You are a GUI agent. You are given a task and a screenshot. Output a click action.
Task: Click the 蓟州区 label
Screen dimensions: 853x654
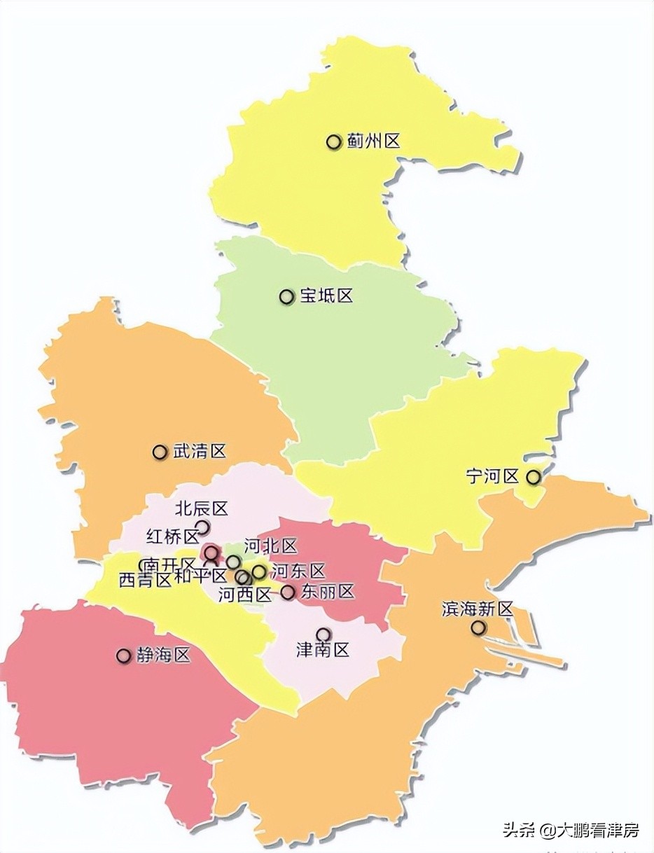tap(373, 141)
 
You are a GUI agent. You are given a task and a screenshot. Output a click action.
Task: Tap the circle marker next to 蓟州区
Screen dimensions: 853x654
tap(333, 142)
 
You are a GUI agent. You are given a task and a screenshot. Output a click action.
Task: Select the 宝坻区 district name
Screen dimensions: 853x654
tap(326, 296)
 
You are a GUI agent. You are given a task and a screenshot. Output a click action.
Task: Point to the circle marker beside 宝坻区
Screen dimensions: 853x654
tap(286, 297)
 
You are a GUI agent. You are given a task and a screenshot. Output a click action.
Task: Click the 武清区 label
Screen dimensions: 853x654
tap(200, 452)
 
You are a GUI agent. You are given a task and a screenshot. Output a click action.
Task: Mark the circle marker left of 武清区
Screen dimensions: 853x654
tap(160, 452)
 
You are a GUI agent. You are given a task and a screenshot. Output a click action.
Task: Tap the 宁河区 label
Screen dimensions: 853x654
tap(492, 477)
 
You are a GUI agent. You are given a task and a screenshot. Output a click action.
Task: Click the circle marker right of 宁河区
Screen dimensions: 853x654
tap(534, 477)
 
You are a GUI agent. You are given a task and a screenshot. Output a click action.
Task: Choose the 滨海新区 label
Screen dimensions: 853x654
tap(478, 609)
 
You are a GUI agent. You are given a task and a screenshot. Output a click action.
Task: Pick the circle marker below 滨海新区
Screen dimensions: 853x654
tap(478, 627)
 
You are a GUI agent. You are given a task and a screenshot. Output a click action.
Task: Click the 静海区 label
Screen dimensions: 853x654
tap(163, 656)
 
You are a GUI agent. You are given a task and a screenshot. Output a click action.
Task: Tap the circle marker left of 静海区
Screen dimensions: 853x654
tap(124, 656)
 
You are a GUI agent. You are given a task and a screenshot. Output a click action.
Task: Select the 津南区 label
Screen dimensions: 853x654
tap(323, 651)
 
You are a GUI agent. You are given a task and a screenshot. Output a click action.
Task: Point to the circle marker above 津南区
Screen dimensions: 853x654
tap(323, 634)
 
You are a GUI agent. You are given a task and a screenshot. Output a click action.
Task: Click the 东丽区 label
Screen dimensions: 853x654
tap(327, 592)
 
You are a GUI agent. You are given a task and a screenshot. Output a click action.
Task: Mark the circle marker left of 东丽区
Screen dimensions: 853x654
tap(288, 592)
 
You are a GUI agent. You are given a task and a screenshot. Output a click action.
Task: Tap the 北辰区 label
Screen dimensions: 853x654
tap(202, 508)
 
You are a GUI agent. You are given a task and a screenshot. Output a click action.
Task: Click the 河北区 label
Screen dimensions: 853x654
tap(270, 546)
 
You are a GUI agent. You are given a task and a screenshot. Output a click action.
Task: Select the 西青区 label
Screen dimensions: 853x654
tap(145, 580)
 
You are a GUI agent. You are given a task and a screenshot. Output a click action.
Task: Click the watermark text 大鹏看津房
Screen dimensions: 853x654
tap(598, 831)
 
